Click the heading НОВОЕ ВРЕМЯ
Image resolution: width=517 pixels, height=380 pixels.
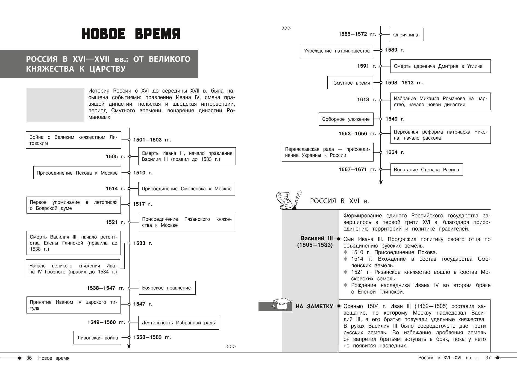(x=131, y=34)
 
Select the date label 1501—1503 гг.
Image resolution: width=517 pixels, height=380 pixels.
(x=152, y=140)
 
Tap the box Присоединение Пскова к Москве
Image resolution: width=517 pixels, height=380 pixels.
(x=77, y=173)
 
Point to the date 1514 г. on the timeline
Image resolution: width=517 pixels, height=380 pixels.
(x=115, y=189)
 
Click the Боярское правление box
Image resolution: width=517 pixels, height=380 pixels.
(x=167, y=288)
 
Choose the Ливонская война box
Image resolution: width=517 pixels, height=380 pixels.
(x=98, y=338)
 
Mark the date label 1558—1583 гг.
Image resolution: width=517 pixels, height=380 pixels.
(x=152, y=337)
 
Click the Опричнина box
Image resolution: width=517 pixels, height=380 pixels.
(x=406, y=35)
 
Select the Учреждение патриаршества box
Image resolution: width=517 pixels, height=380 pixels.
(x=337, y=51)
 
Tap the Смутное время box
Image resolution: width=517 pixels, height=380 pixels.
(x=350, y=83)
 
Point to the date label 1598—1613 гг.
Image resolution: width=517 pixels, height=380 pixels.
(x=404, y=83)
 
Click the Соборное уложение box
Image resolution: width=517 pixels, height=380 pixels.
(x=346, y=119)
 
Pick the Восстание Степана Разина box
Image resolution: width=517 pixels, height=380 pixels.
(x=426, y=170)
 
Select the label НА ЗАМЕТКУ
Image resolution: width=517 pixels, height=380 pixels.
(x=314, y=306)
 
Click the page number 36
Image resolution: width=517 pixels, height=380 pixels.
(x=29, y=358)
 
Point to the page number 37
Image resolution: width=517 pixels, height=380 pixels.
(x=488, y=358)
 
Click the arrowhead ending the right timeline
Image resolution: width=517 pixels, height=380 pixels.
(x=381, y=183)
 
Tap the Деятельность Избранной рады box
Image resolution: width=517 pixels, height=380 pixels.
(x=178, y=323)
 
